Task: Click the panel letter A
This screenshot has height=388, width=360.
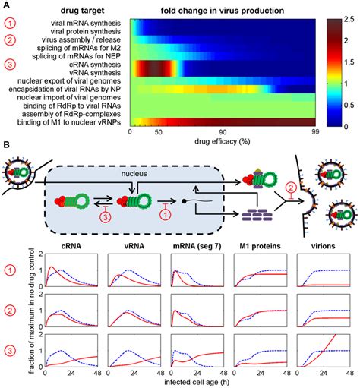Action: (x=6, y=5)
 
